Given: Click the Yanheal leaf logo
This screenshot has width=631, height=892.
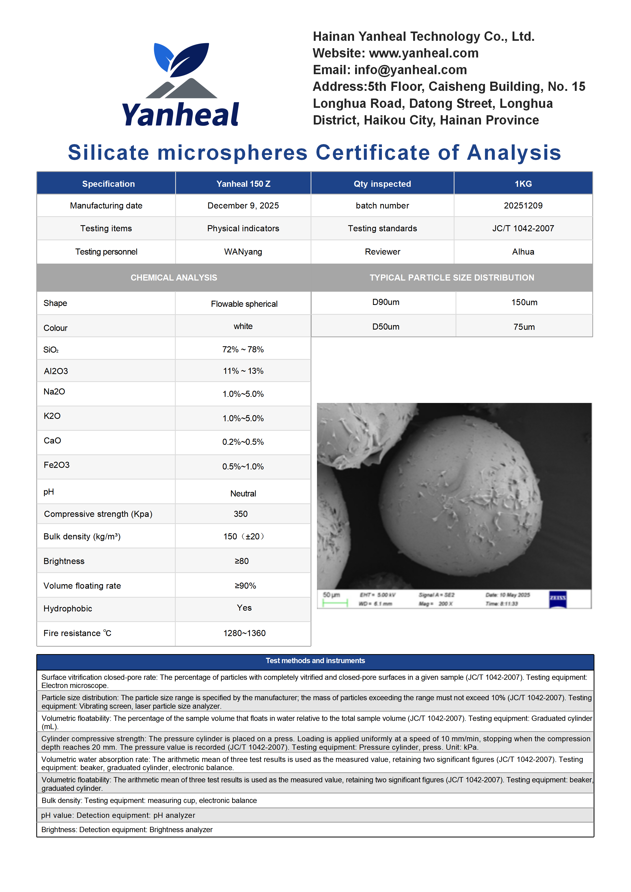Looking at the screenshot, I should (x=181, y=70).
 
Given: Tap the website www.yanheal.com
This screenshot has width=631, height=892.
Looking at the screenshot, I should (x=423, y=53).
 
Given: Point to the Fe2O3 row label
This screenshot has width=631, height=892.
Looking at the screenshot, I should (x=57, y=465).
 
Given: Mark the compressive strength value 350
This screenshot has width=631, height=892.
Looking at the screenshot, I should (x=241, y=514).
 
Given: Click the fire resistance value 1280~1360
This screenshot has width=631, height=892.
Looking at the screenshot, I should (x=244, y=633).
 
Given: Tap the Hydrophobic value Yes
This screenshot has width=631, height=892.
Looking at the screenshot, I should (x=244, y=608).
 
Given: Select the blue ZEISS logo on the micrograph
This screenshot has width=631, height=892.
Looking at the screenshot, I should (x=558, y=599).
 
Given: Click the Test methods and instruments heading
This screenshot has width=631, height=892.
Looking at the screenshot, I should (x=315, y=661).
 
